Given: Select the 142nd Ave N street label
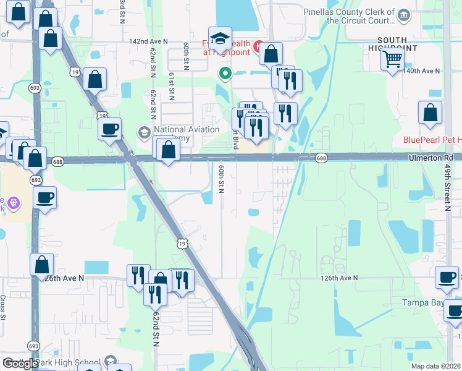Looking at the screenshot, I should pyautogui.click(x=148, y=41).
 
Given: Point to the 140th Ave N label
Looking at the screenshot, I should pyautogui.click(x=421, y=71).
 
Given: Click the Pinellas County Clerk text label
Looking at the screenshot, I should pyautogui.click(x=349, y=16).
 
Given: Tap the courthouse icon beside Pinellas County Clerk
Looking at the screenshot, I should pyautogui.click(x=404, y=14).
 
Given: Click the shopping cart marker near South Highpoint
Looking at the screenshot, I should pyautogui.click(x=393, y=60).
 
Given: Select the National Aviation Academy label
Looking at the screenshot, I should pyautogui.click(x=187, y=134).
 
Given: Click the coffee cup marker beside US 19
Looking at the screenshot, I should pyautogui.click(x=110, y=129).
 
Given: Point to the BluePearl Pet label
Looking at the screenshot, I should pyautogui.click(x=432, y=140).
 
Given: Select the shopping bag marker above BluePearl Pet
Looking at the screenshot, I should pyautogui.click(x=430, y=113).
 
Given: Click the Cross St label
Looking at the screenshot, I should pyautogui.click(x=3, y=307).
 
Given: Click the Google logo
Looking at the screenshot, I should pyautogui.click(x=20, y=364).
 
